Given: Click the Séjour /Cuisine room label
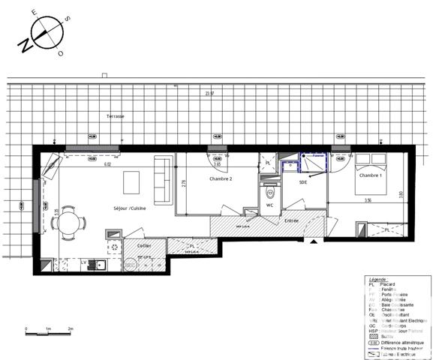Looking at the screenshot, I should [130, 208].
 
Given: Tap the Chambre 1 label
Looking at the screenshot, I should [370, 175].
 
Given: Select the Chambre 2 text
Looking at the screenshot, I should [221, 179].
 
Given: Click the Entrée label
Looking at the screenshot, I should [292, 220].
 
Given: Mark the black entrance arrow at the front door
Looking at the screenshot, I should [310, 241].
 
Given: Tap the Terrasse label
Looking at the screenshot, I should [115, 116].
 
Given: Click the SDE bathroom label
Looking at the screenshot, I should [303, 181].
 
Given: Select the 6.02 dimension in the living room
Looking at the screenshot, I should [107, 164].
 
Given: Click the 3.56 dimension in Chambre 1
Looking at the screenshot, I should [367, 200].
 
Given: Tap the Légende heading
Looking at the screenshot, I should [371, 277].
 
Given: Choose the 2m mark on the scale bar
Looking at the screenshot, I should [70, 329].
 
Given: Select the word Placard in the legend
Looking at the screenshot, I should [384, 283].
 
